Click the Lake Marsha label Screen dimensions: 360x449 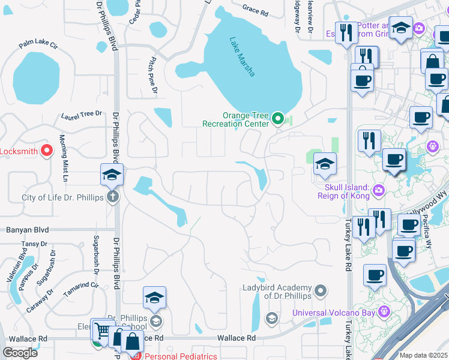pyautogui.click(x=243, y=57)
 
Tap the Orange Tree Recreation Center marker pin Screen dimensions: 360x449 pyautogui.click(x=277, y=118)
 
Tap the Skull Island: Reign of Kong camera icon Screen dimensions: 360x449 pyautogui.click(x=378, y=191)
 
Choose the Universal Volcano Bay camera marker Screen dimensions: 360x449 pyautogui.click(x=384, y=311)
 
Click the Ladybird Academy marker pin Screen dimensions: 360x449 pyautogui.click(x=321, y=292)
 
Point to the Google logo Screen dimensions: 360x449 pyautogui.click(x=20, y=353)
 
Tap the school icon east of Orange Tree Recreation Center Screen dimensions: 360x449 pyautogui.click(x=324, y=164)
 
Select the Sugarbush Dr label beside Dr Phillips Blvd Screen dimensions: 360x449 pyautogui.click(x=95, y=252)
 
